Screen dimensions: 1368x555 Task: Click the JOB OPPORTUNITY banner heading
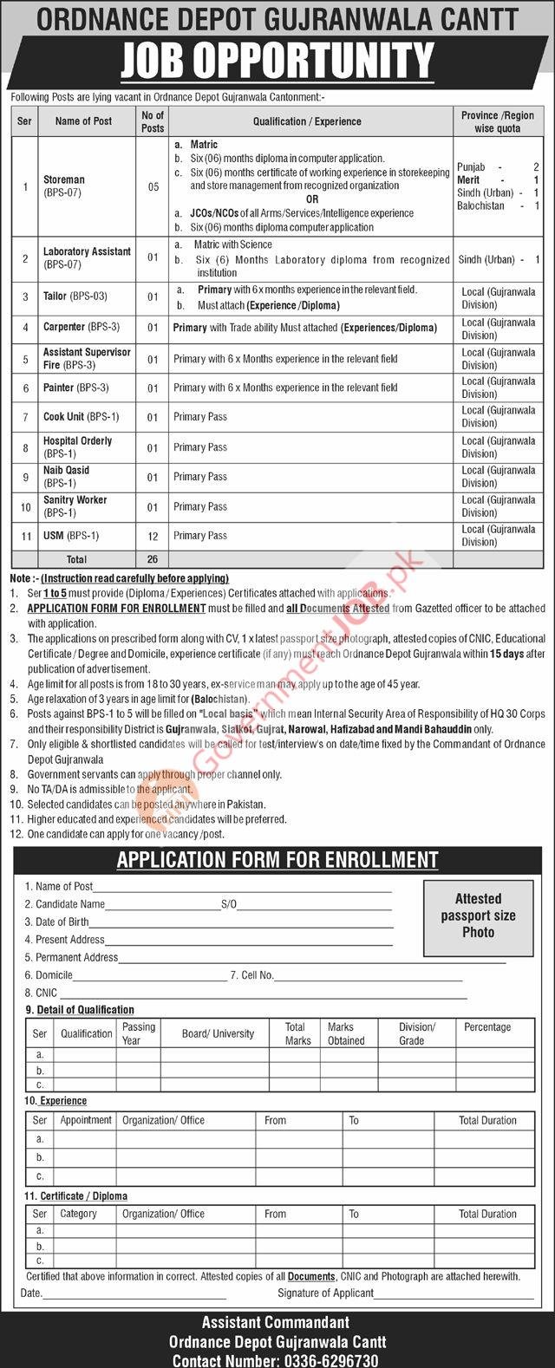277,62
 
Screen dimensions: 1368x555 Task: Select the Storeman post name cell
65,186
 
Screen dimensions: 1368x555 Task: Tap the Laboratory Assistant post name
87,257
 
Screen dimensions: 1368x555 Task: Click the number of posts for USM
153,536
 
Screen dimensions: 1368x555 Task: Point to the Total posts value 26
153,559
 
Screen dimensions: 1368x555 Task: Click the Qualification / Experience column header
307,121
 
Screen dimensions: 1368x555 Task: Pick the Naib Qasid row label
67,476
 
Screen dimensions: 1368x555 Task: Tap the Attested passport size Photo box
478,915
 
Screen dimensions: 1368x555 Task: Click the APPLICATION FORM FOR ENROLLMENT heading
277,860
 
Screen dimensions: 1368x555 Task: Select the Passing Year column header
139,1033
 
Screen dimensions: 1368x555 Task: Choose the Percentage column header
487,1027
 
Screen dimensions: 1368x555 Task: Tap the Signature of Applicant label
325,1293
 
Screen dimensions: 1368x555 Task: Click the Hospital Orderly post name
77,446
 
